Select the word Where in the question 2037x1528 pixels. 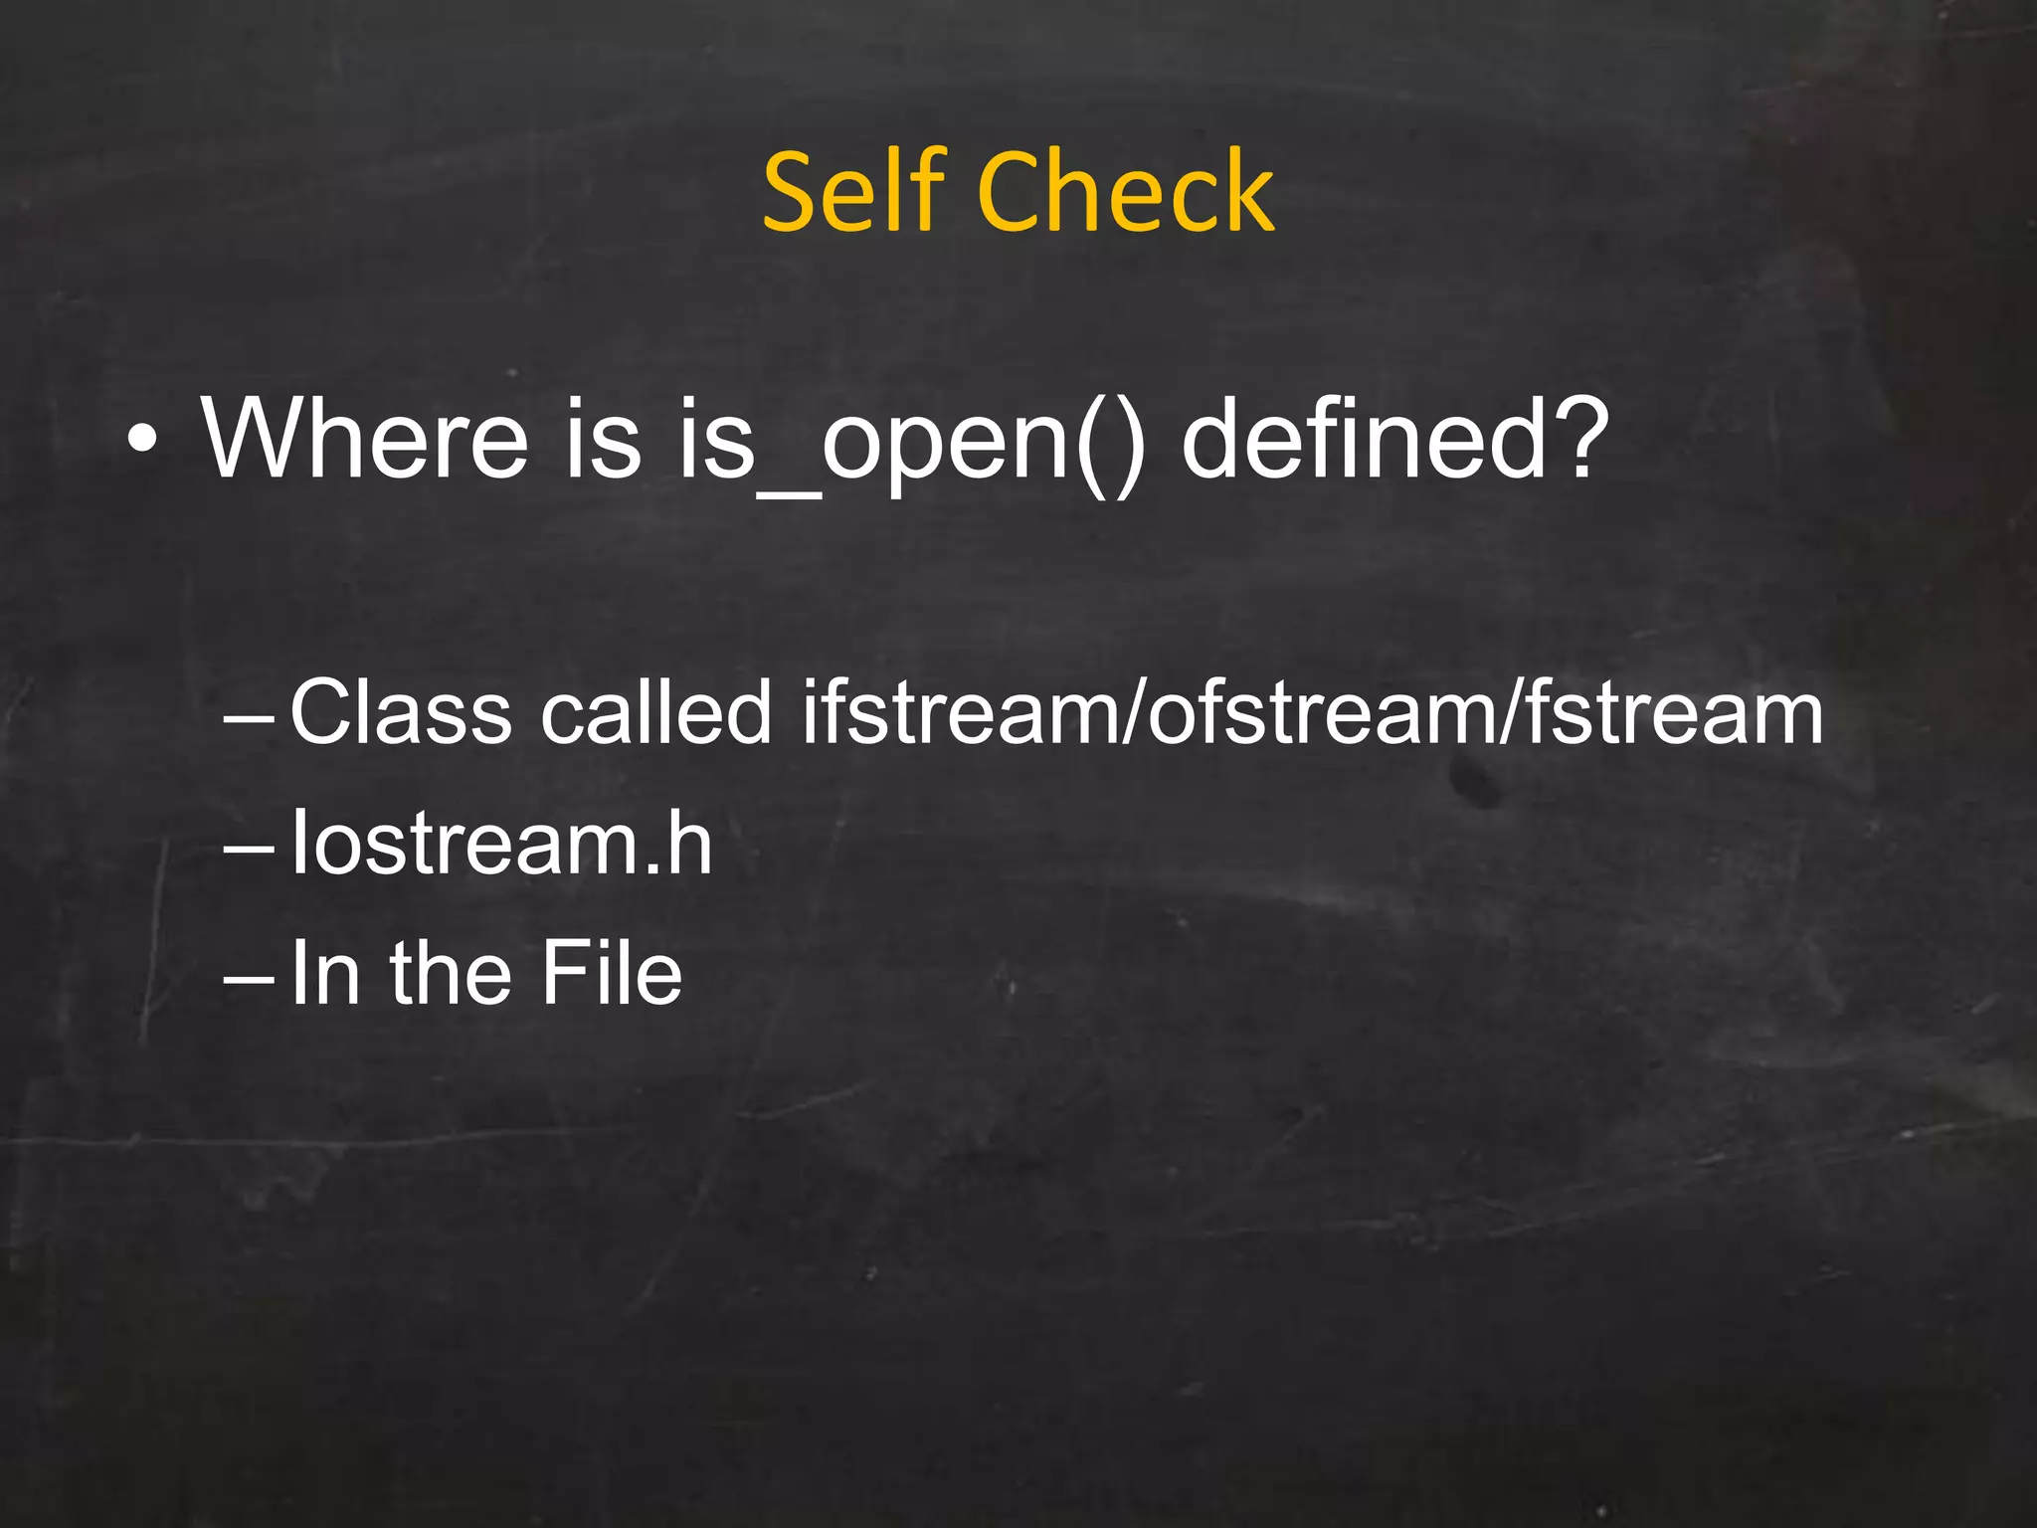tap(365, 439)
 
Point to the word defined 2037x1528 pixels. tap(1358, 439)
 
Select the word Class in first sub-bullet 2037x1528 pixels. tap(401, 712)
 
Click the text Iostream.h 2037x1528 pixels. tap(501, 844)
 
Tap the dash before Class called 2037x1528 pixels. tap(249, 716)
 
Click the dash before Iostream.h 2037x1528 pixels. tap(249, 848)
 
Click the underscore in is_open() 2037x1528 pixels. tap(789, 494)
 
